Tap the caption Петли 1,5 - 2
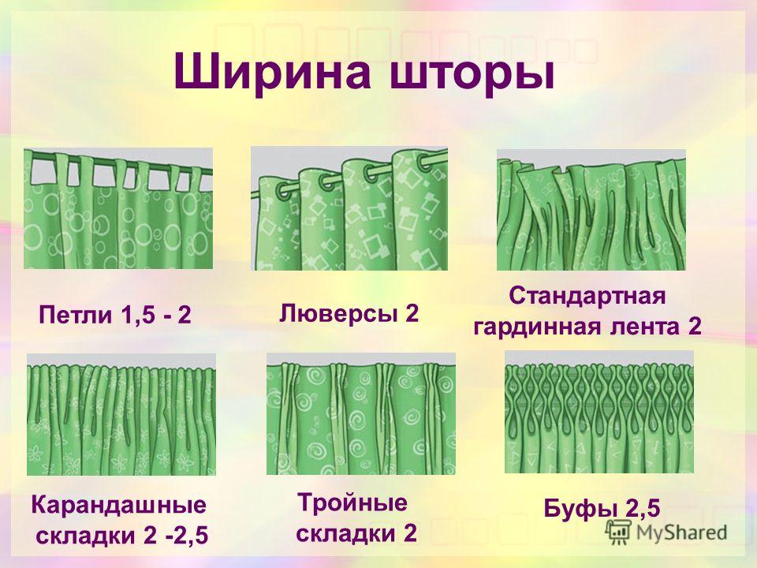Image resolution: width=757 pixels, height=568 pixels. tap(114, 316)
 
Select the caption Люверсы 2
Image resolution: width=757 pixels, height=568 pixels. tap(349, 314)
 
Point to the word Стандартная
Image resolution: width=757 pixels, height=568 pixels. tap(587, 296)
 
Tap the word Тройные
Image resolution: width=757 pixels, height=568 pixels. tap(352, 503)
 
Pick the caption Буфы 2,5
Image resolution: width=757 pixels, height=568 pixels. tap(602, 509)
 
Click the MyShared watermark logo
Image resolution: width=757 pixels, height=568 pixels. tap(667, 532)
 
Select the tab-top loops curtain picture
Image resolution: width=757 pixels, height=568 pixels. tap(118, 208)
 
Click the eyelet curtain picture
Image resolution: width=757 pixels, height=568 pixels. tap(349, 208)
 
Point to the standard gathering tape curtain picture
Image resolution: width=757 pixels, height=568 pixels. tap(591, 210)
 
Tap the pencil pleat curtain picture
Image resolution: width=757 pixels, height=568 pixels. tap(121, 414)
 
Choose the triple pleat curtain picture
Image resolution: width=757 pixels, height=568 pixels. tap(361, 413)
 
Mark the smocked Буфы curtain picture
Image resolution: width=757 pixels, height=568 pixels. tap(599, 412)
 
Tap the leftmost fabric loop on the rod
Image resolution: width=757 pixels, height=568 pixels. tap(63, 171)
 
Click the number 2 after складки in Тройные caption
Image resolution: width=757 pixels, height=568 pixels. tap(410, 533)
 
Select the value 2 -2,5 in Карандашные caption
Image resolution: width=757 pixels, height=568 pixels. tap(175, 536)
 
